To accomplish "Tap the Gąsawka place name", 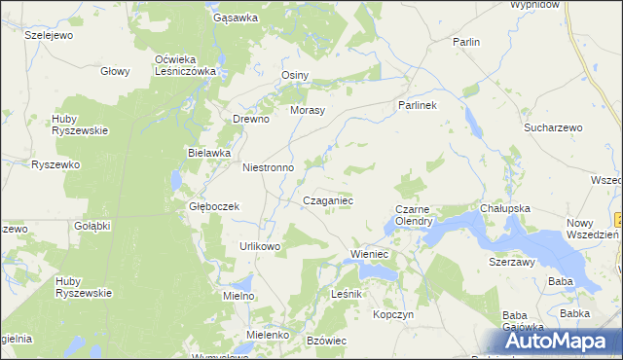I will [235, 18].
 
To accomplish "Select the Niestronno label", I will [268, 167].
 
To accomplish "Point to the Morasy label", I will [308, 110].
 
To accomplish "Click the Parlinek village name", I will [420, 104].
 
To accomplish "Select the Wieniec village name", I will [369, 255].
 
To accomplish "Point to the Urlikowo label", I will [260, 246].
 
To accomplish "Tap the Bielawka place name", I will [208, 153].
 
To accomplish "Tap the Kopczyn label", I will [394, 315].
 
